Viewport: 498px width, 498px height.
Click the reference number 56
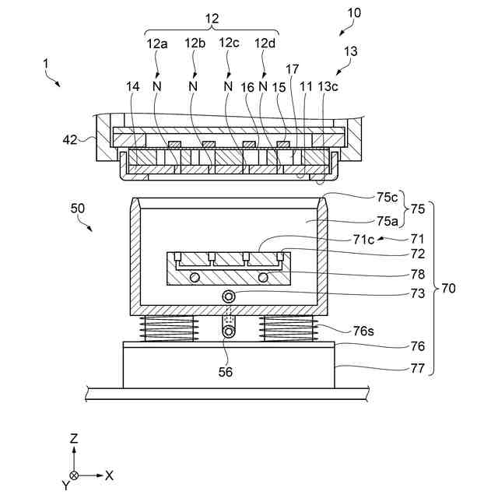(x=225, y=372)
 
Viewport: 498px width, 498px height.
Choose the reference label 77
(x=418, y=368)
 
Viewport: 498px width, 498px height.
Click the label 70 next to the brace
(x=449, y=288)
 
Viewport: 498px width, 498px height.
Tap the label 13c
(x=329, y=88)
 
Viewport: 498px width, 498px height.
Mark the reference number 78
(x=418, y=274)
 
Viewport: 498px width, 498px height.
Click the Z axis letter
(x=74, y=439)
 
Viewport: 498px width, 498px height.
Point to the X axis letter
(x=109, y=475)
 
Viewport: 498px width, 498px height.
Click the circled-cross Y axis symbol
(x=74, y=475)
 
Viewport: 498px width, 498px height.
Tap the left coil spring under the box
(x=168, y=328)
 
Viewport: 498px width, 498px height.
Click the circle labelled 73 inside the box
(x=229, y=296)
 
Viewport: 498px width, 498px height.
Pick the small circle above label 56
(x=229, y=331)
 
